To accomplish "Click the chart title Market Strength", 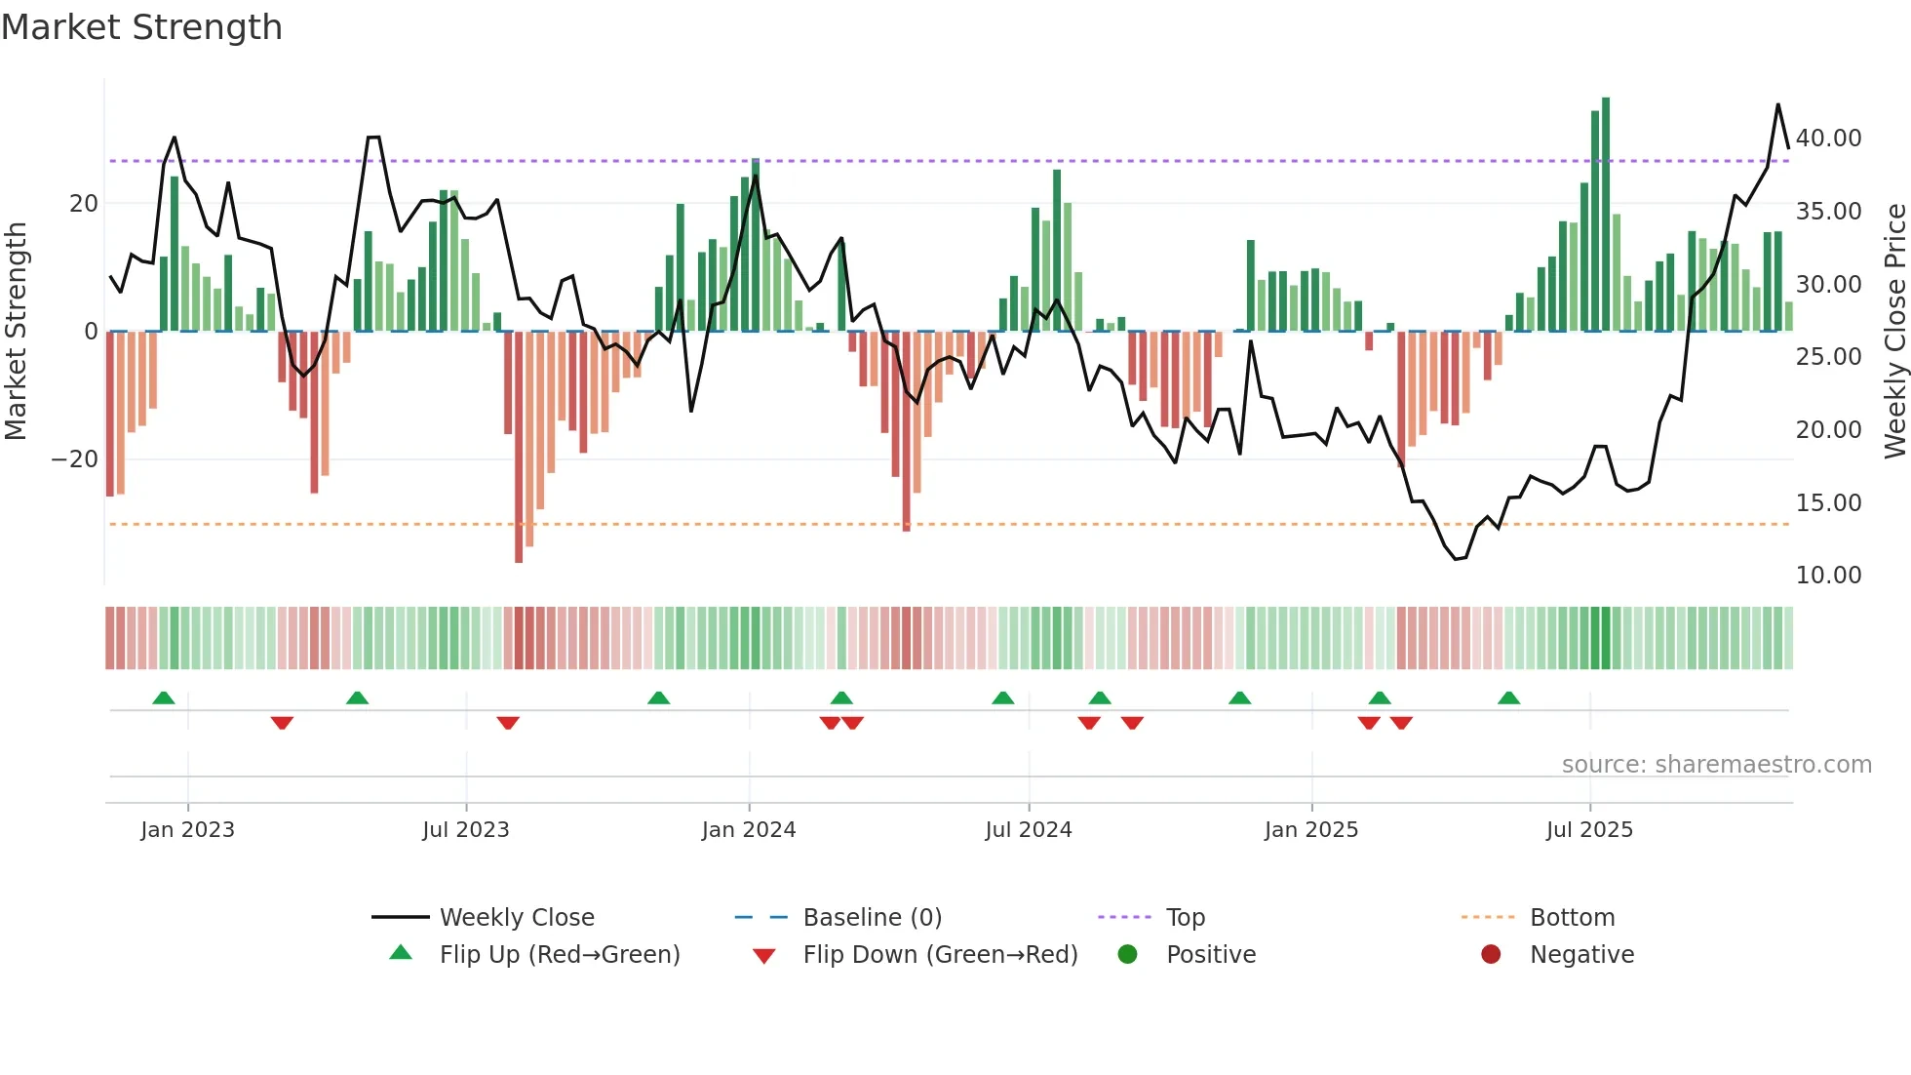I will click(141, 27).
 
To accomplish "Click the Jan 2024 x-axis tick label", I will click(748, 830).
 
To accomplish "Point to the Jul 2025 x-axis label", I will click(1588, 830).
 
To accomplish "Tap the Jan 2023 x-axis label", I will click(187, 830).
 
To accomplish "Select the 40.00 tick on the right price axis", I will click(1828, 139).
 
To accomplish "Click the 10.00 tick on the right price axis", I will click(1828, 576).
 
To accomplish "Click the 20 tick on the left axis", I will click(84, 204).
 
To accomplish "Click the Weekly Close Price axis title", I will click(1894, 332).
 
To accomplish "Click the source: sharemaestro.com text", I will click(1716, 765).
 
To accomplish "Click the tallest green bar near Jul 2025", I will click(1606, 215).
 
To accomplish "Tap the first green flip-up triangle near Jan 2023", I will click(164, 698).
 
